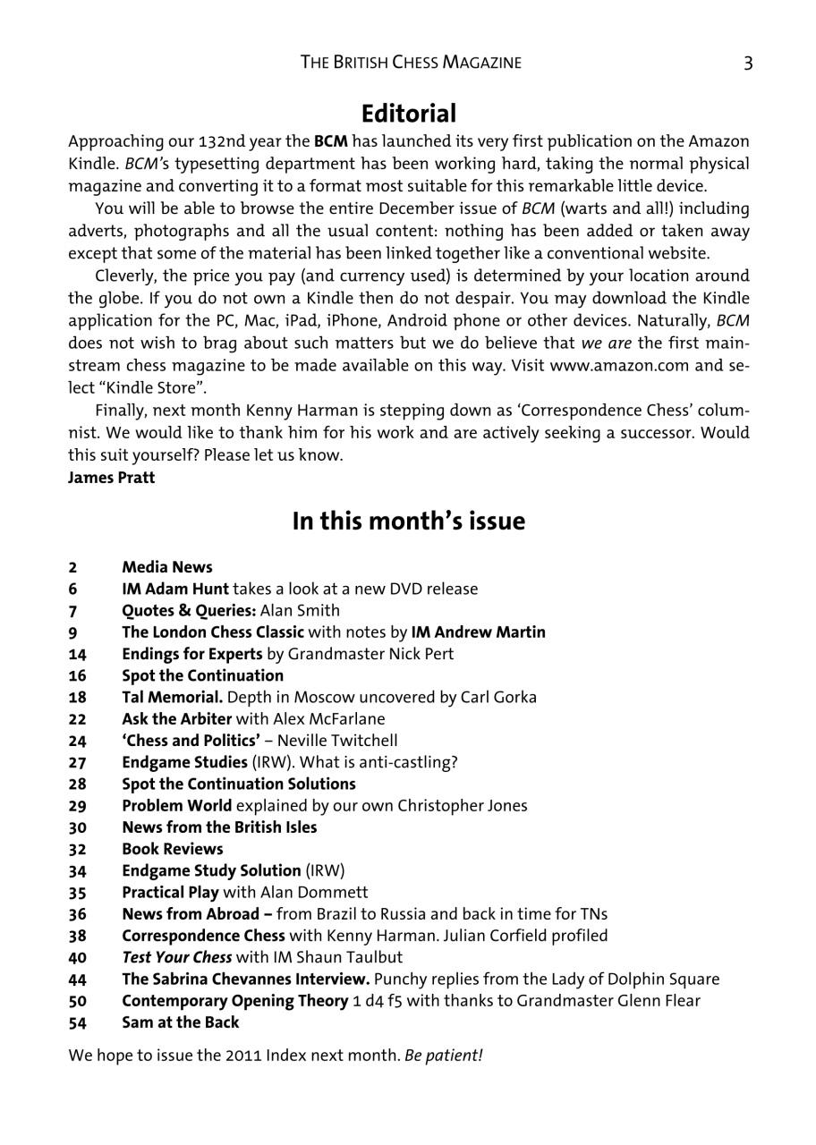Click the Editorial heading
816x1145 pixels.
click(x=409, y=114)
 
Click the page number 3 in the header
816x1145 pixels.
click(x=747, y=62)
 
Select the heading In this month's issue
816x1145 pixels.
click(x=409, y=522)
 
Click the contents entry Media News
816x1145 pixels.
click(x=167, y=567)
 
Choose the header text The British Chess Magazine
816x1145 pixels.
click(x=411, y=62)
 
